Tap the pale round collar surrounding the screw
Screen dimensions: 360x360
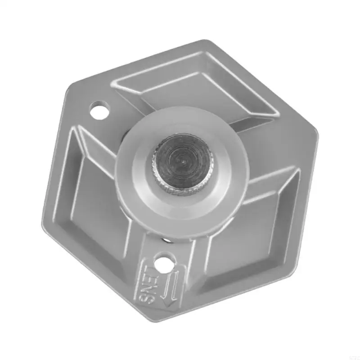135,180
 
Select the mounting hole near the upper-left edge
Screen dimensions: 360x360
99,110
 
